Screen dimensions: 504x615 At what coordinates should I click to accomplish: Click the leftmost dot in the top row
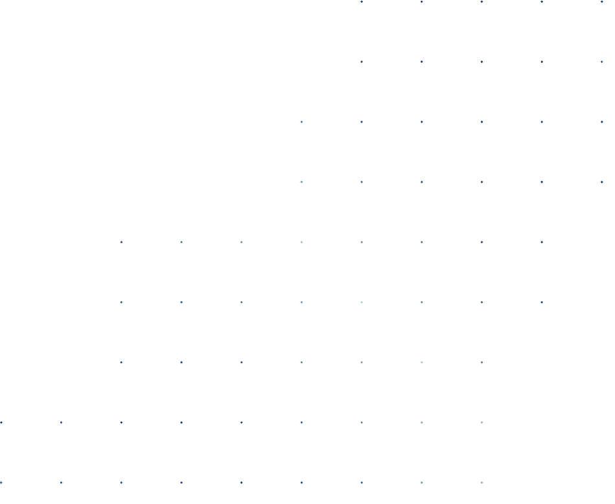[362, 2]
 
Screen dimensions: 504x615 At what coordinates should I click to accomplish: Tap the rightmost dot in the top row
[602, 2]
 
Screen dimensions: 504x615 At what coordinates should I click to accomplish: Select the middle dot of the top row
[482, 2]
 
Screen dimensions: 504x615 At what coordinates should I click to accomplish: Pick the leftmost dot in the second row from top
[362, 62]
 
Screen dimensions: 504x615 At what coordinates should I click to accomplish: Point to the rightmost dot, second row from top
[602, 62]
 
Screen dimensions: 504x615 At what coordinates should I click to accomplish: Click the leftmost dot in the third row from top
[301, 122]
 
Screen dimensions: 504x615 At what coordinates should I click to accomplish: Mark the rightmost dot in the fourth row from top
[602, 182]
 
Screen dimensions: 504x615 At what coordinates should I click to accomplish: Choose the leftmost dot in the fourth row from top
[301, 182]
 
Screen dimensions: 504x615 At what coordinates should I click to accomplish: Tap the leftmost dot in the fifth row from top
[121, 242]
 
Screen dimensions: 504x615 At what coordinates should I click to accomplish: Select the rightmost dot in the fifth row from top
[542, 242]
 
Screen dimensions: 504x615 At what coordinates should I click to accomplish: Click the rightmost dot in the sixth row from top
[542, 302]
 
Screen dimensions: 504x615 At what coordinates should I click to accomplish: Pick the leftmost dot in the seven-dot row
[121, 363]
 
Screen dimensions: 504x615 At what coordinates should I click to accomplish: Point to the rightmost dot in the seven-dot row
[482, 363]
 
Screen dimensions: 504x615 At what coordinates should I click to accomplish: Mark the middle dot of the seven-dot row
[301, 363]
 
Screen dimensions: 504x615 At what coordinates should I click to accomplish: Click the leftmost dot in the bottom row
[1, 483]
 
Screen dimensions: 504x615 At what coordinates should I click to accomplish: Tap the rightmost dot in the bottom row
[482, 483]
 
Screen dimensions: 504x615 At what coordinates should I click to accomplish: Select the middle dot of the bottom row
[242, 483]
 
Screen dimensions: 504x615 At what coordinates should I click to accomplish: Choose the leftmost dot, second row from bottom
[1, 422]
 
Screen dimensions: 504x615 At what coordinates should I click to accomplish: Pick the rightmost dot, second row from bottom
[482, 422]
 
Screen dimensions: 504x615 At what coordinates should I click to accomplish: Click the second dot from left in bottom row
[61, 483]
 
